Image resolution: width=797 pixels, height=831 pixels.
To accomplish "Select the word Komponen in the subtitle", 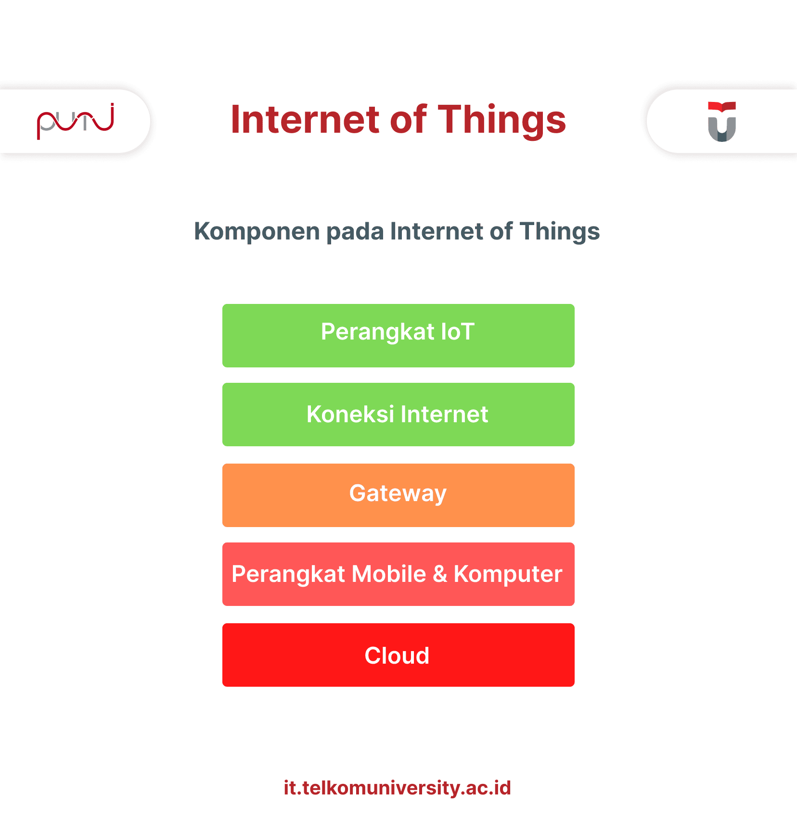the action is (257, 232).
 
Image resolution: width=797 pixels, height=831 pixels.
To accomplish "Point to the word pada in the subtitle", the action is (355, 232).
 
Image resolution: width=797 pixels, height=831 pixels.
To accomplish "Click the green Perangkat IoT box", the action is (398, 336).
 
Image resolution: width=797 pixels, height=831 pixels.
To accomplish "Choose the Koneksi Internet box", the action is (398, 415).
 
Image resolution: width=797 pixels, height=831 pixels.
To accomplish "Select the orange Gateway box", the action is (398, 495).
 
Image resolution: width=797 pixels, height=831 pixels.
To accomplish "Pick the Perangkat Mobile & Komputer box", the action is (398, 574).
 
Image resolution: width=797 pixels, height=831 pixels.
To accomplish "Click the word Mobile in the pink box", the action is (389, 574).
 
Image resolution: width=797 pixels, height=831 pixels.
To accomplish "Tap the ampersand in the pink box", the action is (440, 574).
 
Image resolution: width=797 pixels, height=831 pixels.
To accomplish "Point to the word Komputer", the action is (508, 575).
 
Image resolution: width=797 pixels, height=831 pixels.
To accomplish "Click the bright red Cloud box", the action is (398, 655).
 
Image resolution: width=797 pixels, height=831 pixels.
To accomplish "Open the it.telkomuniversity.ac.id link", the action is (398, 788).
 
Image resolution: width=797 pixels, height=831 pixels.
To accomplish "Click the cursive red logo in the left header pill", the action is (76, 121).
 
